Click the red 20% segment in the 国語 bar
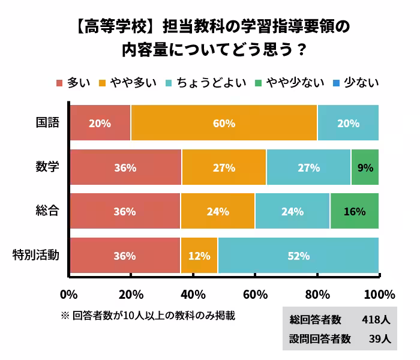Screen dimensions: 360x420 (100, 123)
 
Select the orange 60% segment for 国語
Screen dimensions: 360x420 (224, 123)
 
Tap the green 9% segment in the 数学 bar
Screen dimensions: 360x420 (365, 167)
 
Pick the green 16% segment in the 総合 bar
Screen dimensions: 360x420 (354, 211)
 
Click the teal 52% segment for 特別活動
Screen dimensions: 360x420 (298, 256)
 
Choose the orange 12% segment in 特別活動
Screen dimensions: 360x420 (199, 256)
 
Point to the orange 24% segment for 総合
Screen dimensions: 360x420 (217, 211)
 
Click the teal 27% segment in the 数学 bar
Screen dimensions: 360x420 (308, 167)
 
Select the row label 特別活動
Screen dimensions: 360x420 (36, 256)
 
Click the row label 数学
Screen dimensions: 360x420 (47, 167)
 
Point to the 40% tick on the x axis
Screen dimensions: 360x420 (193, 295)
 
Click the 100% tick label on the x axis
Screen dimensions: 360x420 (379, 295)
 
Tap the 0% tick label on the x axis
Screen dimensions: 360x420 (69, 295)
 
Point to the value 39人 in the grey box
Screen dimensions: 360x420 (380, 339)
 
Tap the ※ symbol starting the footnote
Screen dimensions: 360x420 (65, 315)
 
